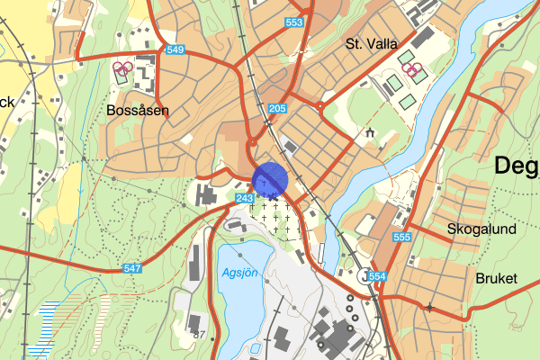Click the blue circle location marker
coord(269,179)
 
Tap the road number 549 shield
coord(175,50)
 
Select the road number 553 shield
coord(293,21)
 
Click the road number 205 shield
coord(276,109)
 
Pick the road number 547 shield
coord(132,268)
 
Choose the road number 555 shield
coord(401,238)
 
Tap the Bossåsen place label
coord(138,111)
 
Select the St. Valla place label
coord(371,42)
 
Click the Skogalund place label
coord(483,229)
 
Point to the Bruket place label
coord(497,278)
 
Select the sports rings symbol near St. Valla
coord(412,67)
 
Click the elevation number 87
coord(200,335)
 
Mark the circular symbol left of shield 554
coord(362,275)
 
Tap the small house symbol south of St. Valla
coord(369,134)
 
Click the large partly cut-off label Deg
coord(517,166)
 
